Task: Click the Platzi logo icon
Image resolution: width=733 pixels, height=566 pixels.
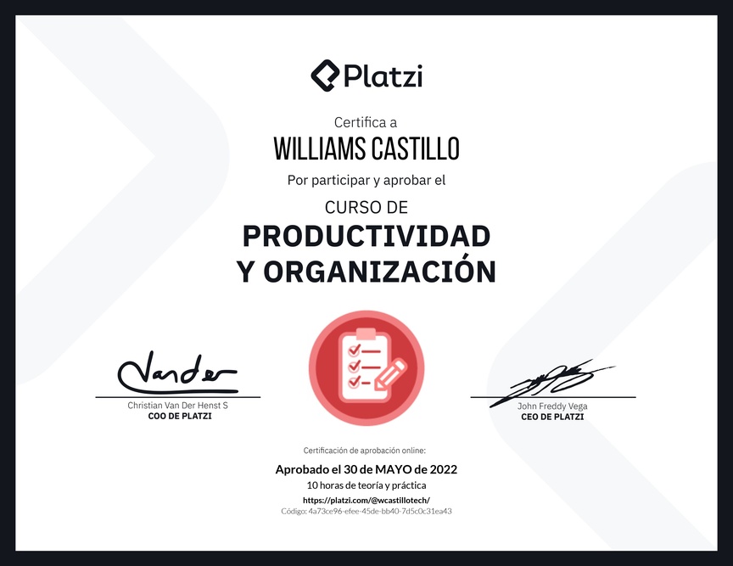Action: pos(325,76)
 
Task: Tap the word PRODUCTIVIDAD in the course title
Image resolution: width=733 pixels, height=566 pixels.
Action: pos(366,236)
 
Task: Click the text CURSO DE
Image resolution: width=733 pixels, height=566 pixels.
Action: pos(366,207)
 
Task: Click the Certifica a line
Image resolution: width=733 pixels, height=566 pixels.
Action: pos(366,122)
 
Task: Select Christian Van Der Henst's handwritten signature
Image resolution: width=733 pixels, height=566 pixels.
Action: pos(177,373)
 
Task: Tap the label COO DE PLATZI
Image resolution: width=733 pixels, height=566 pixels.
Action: pos(180,416)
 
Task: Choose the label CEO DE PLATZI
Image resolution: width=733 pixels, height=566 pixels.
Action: pos(552,417)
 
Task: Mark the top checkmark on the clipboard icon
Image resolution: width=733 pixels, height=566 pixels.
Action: pos(355,349)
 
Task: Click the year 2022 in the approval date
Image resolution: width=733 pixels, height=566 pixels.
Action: pos(444,469)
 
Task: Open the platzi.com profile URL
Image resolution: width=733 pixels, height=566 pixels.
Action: pos(366,500)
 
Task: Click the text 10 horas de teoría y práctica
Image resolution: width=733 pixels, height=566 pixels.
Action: pos(366,485)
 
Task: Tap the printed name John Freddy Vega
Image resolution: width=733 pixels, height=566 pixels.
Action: pos(552,406)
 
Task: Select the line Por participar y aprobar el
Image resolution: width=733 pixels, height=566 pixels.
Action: pos(366,181)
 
